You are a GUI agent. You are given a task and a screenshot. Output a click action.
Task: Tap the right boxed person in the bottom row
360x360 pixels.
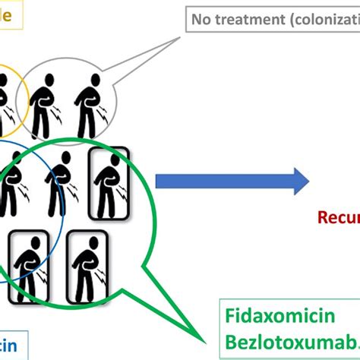(87, 262)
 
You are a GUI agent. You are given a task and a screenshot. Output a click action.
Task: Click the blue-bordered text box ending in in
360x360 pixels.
(11, 343)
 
